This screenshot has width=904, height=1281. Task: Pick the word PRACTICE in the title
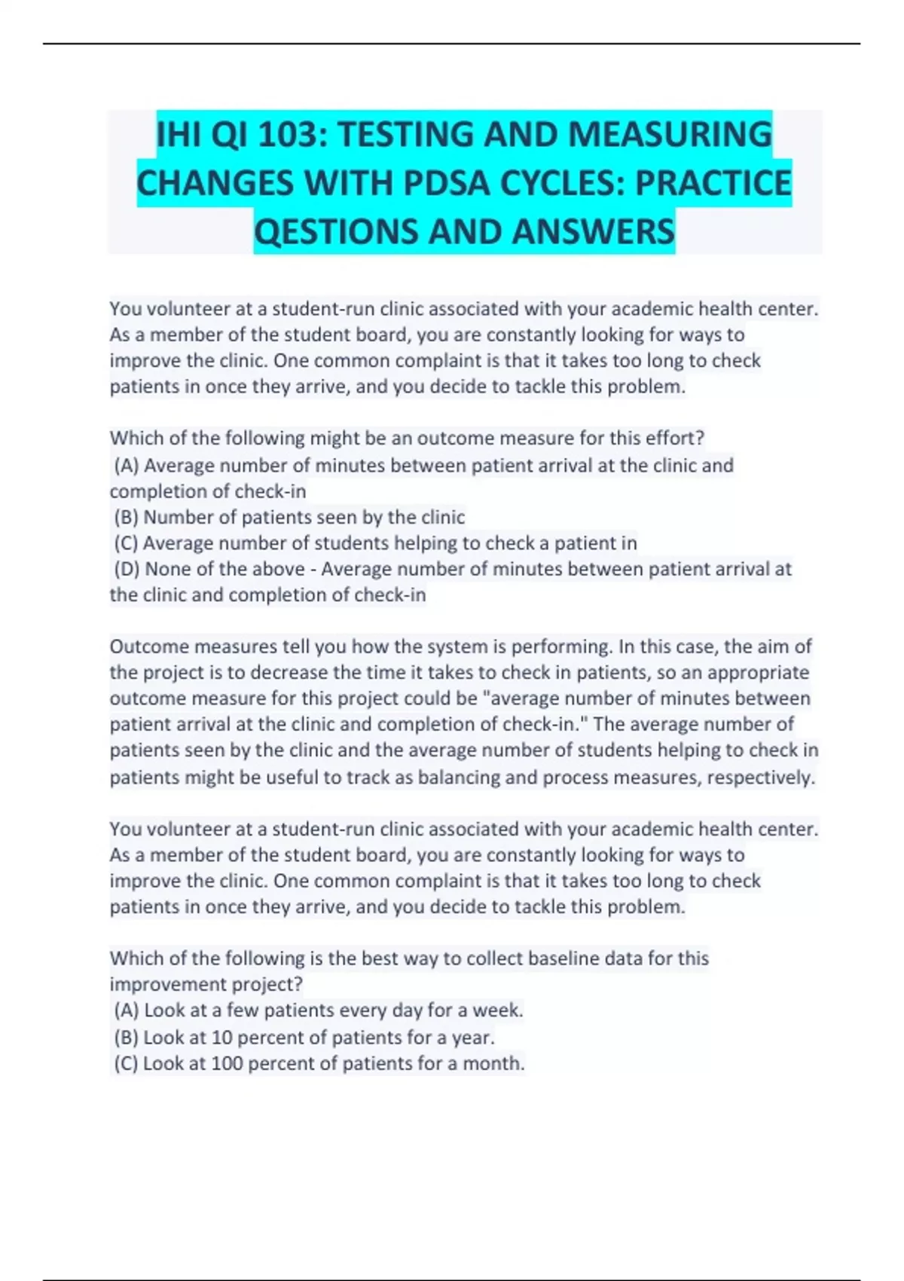tap(713, 183)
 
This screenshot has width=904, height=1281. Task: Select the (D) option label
tap(127, 569)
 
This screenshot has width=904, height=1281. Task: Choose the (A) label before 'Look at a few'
tap(127, 1010)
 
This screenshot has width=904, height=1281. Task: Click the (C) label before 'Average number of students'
tap(126, 543)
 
